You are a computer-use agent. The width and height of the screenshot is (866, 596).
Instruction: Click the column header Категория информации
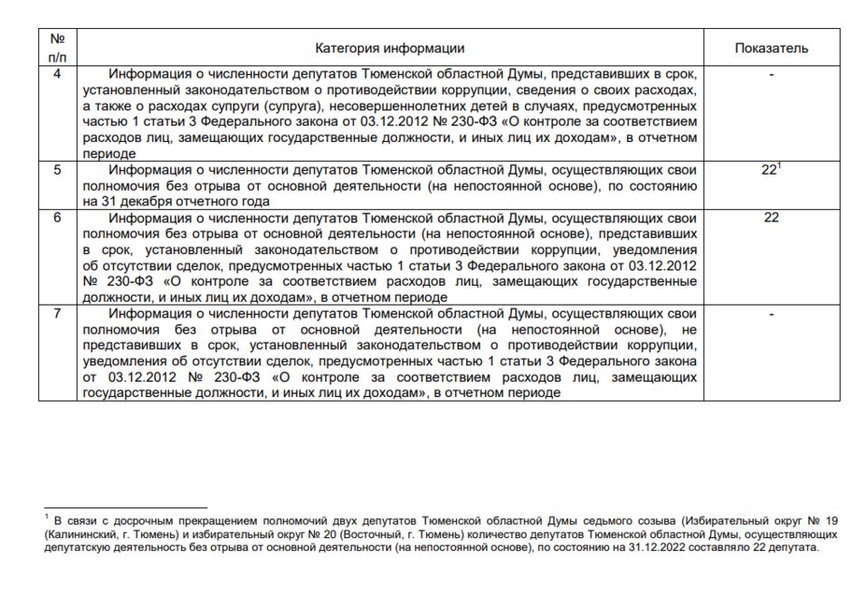(x=390, y=48)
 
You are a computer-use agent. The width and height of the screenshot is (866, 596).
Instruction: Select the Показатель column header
(x=771, y=48)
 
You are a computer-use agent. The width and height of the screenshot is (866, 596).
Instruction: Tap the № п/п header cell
(x=58, y=48)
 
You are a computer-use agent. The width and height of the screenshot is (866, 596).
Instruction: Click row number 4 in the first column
(x=58, y=75)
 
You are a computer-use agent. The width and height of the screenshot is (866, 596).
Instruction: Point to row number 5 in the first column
(x=58, y=169)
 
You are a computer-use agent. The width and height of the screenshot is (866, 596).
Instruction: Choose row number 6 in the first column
(x=58, y=217)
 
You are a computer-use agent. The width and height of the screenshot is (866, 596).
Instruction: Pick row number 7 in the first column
(x=58, y=313)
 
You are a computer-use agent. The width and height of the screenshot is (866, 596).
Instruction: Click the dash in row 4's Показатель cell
(x=771, y=75)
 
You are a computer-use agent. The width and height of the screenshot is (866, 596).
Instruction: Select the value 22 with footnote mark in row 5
(x=771, y=169)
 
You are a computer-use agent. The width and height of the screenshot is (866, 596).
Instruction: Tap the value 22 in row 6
(x=771, y=217)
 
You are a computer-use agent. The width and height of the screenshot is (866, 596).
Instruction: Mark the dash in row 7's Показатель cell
(x=771, y=313)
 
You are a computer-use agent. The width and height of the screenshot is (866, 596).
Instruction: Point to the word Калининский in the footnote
(x=74, y=535)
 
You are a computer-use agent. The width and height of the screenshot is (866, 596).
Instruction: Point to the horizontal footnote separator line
(x=126, y=507)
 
